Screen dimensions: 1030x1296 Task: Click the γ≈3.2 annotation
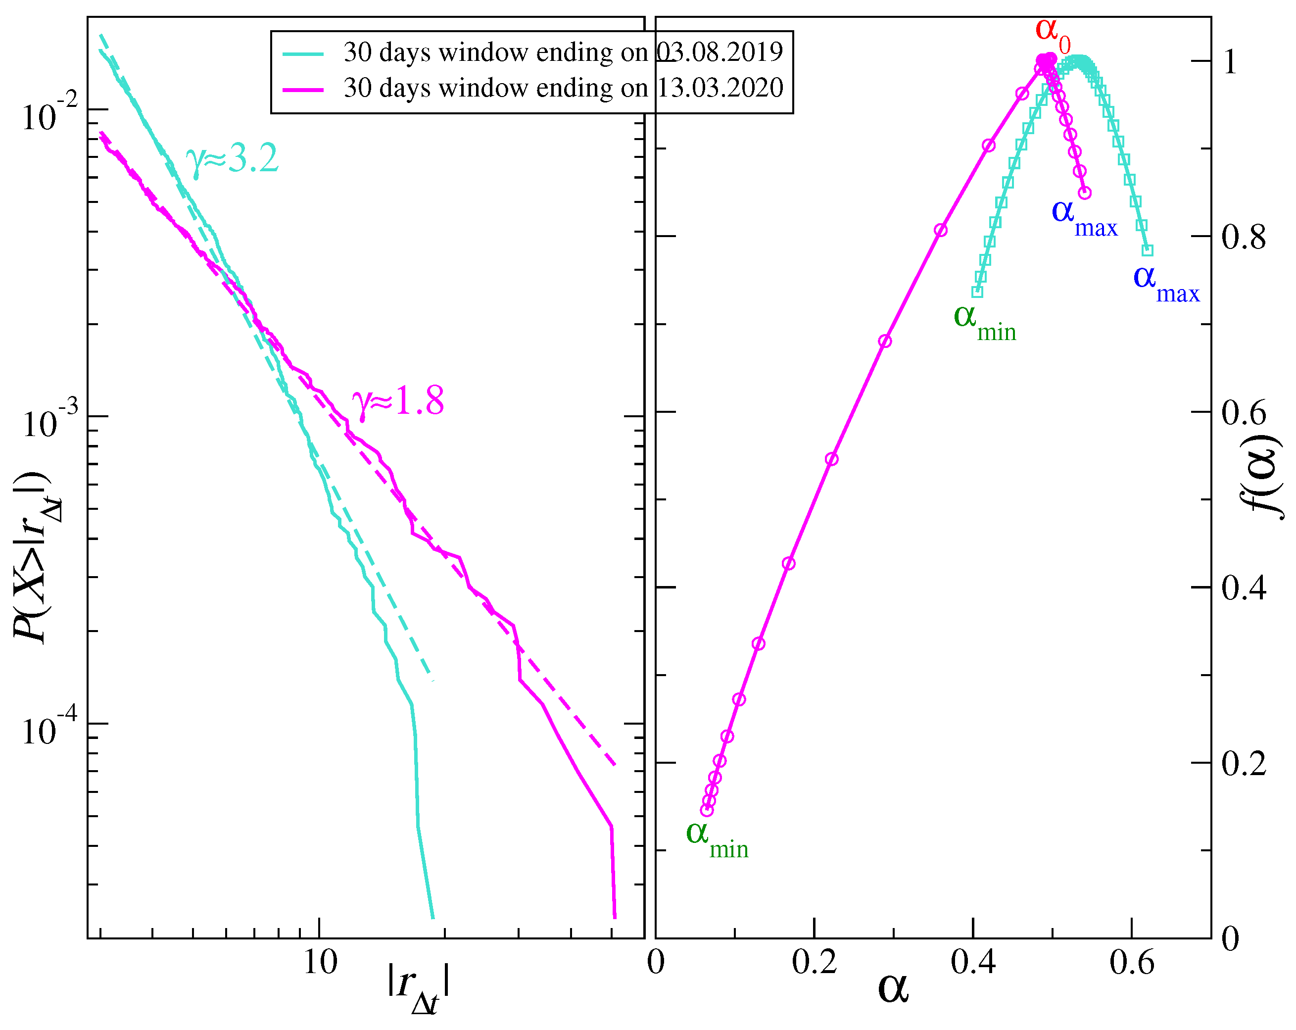coord(232,159)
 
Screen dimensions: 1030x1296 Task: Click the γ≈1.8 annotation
coord(398,401)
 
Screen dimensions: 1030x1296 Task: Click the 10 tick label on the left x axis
coord(320,962)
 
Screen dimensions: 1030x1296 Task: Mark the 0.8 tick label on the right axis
coord(1243,238)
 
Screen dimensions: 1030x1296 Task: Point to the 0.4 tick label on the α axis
coord(972,962)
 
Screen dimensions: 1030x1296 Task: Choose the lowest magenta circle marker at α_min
coord(707,810)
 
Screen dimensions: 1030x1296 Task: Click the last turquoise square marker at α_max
coord(1147,250)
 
